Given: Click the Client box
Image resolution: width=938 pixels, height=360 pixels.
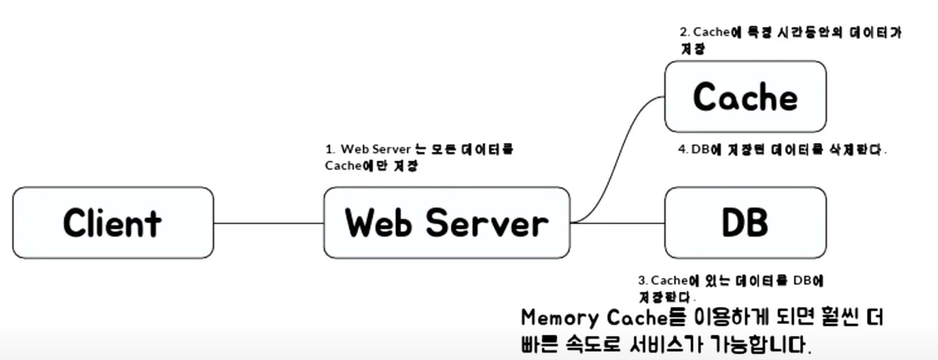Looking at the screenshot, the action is [113, 222].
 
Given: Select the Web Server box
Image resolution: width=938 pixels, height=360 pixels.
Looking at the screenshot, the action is [447, 222].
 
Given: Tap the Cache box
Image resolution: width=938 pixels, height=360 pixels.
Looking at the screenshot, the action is [745, 97].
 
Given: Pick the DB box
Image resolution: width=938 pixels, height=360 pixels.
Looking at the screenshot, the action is [745, 222].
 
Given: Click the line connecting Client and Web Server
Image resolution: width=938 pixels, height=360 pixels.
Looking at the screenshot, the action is [268, 223].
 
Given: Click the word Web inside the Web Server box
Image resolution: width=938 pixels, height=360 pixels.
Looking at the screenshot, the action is [378, 222].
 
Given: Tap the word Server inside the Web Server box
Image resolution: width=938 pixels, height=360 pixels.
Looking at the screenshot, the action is [487, 222].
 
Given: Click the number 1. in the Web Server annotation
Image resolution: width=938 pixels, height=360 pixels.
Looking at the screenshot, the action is [330, 150].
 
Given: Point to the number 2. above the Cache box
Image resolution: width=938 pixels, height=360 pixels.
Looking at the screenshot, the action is [685, 32].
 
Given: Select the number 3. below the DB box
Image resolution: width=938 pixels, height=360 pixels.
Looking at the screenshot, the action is [643, 280].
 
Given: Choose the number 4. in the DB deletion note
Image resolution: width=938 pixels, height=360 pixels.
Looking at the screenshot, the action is [682, 150].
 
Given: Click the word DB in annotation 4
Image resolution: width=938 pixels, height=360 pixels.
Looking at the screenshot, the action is [700, 150].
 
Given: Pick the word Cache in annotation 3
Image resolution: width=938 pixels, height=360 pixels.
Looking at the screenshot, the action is [669, 280].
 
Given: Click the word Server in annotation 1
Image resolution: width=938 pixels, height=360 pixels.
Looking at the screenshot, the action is [392, 150].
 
